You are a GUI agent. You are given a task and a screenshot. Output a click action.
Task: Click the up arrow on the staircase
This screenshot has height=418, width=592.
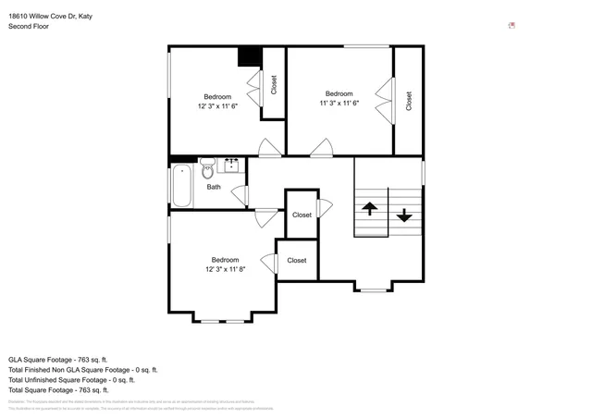369,209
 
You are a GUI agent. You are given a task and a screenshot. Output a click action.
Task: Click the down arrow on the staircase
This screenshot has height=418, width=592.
404,215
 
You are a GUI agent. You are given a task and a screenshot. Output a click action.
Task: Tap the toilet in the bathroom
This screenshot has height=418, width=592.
207,170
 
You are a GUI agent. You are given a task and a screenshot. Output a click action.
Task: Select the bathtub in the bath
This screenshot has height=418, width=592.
180,185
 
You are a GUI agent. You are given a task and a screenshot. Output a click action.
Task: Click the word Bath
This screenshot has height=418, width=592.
214,187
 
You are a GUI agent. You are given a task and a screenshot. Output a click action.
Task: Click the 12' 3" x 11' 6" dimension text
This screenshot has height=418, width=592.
217,106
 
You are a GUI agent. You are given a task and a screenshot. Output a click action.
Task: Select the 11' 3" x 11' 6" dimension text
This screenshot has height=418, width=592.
339,103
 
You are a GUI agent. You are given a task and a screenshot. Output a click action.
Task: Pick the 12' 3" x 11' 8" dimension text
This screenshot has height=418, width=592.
225,269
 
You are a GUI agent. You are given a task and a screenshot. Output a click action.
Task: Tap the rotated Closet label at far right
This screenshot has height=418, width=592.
409,101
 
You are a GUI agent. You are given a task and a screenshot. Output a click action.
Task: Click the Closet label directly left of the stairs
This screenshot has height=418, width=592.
302,215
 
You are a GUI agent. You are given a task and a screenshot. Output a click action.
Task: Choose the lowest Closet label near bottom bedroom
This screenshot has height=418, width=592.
296,261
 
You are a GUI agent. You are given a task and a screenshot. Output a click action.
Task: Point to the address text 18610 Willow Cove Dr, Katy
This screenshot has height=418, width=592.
50,16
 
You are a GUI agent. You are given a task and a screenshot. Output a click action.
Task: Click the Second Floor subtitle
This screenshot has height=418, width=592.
29,27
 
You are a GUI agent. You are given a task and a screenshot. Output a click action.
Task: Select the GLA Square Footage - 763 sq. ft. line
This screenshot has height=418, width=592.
58,359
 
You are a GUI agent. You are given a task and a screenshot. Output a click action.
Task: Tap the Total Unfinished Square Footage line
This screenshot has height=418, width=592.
71,379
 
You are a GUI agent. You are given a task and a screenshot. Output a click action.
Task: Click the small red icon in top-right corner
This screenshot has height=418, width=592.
512,26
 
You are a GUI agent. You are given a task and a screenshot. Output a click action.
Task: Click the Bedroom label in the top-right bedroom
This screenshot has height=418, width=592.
339,92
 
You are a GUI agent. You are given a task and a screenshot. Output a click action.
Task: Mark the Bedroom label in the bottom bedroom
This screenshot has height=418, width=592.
225,260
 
